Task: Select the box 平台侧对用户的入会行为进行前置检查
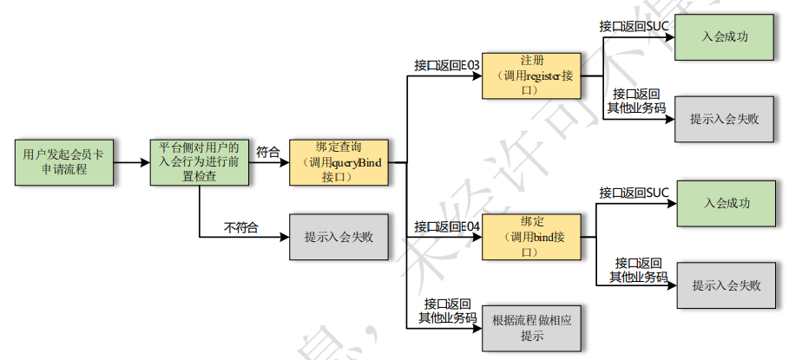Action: [x=200, y=161]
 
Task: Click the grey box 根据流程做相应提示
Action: [x=531, y=328]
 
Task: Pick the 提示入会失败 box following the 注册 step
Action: [x=725, y=119]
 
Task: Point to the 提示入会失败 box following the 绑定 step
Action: [x=726, y=285]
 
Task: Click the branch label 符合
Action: [x=268, y=152]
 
